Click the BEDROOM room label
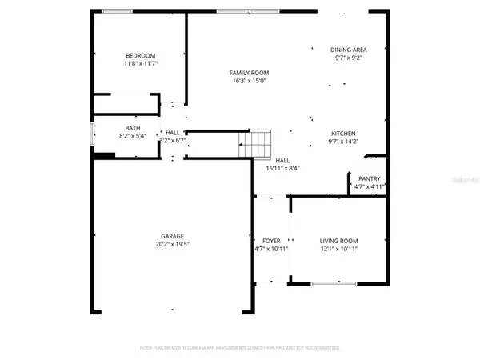coord(139,55)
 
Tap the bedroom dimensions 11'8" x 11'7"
coord(139,63)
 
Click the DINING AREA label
coord(349,50)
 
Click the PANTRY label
coord(369,179)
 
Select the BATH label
coord(133,128)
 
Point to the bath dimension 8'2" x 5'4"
coord(133,136)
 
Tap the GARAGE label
coord(172,236)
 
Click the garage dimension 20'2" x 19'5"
coord(172,244)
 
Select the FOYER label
coord(270,241)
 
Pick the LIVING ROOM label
coord(339,241)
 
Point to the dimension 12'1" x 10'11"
coord(339,249)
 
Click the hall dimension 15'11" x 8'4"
coord(282,168)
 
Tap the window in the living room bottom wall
coord(334,284)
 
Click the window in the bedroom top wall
coord(118,10)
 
